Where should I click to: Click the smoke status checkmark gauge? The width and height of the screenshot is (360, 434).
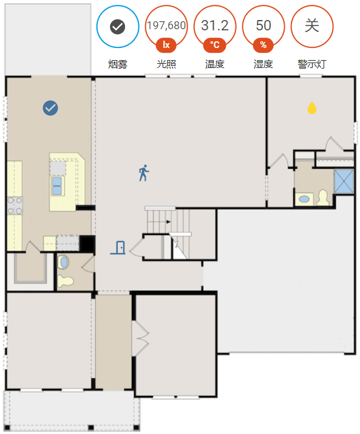(118, 27)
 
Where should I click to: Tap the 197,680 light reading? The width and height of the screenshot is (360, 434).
(166, 25)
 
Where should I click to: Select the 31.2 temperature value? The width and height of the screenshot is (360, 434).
(215, 25)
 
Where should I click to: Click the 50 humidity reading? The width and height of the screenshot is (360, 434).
(263, 25)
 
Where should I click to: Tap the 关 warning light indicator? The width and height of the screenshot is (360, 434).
(312, 27)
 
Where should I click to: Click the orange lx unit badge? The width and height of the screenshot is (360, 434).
(166, 45)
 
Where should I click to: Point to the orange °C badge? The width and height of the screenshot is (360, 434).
(215, 45)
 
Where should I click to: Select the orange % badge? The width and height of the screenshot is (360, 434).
(263, 45)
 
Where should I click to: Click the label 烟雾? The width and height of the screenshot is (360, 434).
(118, 64)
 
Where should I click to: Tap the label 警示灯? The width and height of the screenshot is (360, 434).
(312, 64)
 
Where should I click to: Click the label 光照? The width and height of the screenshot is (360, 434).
(166, 64)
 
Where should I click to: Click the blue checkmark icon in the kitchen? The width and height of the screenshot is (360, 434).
(50, 108)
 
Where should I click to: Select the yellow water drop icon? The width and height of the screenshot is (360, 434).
(312, 108)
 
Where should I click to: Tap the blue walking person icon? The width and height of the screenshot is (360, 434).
(144, 173)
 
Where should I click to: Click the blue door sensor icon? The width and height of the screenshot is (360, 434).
(118, 248)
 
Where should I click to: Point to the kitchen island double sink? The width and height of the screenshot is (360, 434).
(57, 186)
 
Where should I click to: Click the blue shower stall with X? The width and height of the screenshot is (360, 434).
(344, 181)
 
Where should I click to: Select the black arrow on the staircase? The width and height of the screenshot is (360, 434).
(168, 222)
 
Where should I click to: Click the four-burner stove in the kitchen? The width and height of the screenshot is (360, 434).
(15, 206)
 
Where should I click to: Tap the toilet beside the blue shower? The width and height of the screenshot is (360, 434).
(323, 197)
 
